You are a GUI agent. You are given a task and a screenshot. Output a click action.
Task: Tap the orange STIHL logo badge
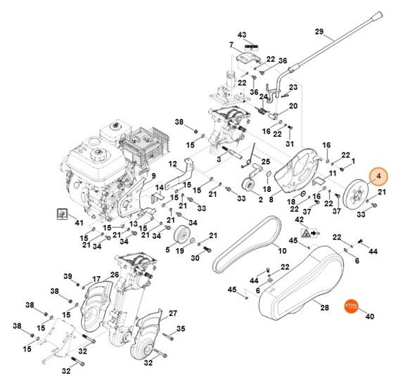(x=352, y=307)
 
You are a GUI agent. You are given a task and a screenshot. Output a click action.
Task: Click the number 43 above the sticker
(x=242, y=34)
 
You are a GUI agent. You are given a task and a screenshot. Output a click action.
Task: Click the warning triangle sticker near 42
(x=307, y=231)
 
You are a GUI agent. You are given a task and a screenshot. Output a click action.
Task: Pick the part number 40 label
(x=369, y=316)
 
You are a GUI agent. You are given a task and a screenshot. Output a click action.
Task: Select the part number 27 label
(x=172, y=313)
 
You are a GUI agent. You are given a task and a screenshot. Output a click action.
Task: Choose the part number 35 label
(x=180, y=328)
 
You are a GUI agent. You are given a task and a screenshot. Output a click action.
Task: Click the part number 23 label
(x=293, y=87)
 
